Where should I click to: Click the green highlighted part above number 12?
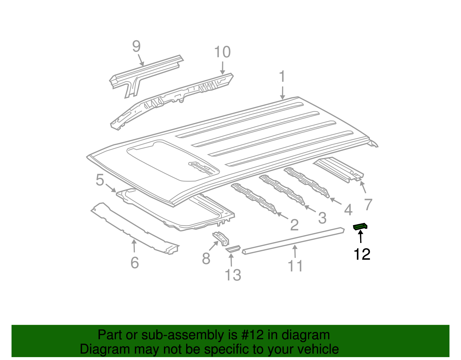pyautogui.click(x=360, y=226)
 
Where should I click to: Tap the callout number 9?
pyautogui.click(x=136, y=46)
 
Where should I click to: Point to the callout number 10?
pyautogui.click(x=222, y=52)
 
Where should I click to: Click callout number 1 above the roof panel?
pyautogui.click(x=282, y=76)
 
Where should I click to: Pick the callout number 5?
pyautogui.click(x=100, y=180)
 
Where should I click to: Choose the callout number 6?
pyautogui.click(x=135, y=263)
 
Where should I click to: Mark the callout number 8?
pyautogui.click(x=206, y=258)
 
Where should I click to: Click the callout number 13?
pyautogui.click(x=233, y=275)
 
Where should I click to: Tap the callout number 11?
pyautogui.click(x=295, y=266)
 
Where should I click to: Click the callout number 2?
pyautogui.click(x=294, y=225)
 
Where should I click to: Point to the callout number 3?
pyautogui.click(x=322, y=218)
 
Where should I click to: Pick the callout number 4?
pyautogui.click(x=348, y=210)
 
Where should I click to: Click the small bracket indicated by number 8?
pyautogui.click(x=221, y=238)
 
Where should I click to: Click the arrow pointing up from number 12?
pyautogui.click(x=360, y=236)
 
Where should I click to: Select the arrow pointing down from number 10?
pyautogui.click(x=222, y=68)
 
